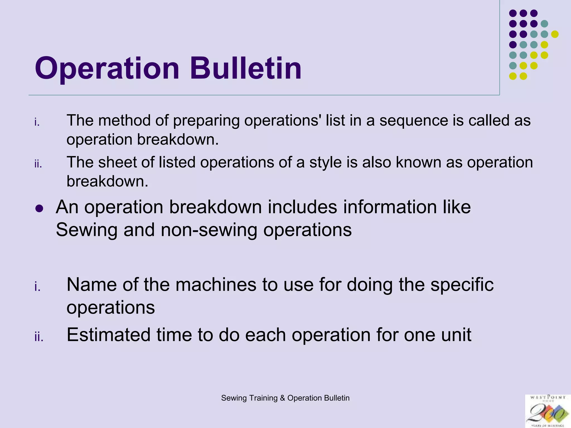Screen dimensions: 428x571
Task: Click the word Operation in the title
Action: [x=107, y=69]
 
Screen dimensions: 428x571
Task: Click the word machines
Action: [x=216, y=285]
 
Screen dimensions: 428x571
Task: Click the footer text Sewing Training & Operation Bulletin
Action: [x=285, y=398]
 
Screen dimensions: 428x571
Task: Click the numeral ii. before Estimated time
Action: [x=39, y=337]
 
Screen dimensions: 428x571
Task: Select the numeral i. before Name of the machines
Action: [x=37, y=287]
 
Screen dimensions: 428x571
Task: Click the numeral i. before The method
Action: [x=37, y=122]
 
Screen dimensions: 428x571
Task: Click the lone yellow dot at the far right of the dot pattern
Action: [x=555, y=34]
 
